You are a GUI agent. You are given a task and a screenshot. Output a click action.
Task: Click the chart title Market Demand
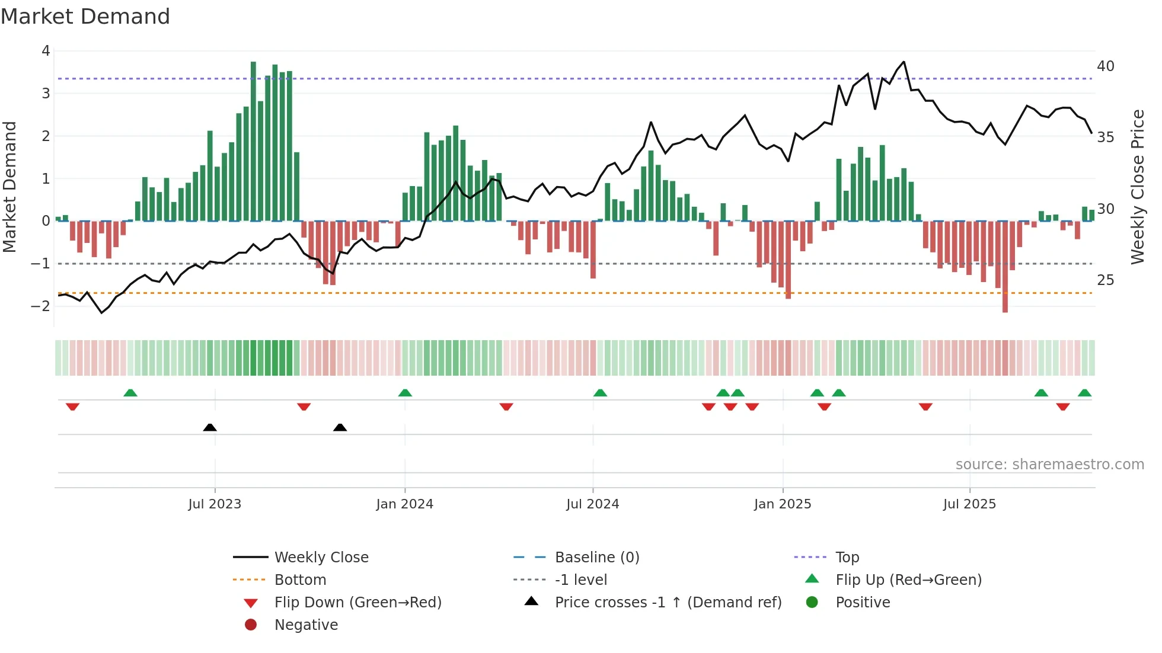click(x=85, y=17)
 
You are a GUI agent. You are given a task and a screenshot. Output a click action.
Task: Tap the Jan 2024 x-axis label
click(x=404, y=504)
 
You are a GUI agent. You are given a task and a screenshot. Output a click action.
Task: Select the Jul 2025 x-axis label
click(x=969, y=504)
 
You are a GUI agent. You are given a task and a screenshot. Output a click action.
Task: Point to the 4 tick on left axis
click(x=46, y=51)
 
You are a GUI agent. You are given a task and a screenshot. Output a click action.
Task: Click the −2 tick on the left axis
click(x=41, y=306)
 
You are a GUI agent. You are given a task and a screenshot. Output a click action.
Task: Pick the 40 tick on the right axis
click(x=1105, y=66)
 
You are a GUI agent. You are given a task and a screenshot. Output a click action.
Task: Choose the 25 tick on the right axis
click(x=1105, y=280)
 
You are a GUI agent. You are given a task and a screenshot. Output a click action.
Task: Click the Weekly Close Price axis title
click(x=1137, y=187)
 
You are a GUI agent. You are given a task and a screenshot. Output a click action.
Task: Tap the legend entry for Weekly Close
click(x=321, y=558)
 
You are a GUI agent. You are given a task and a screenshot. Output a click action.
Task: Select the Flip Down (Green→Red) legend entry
click(x=357, y=603)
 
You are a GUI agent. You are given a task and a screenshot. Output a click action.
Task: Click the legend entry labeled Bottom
click(x=300, y=580)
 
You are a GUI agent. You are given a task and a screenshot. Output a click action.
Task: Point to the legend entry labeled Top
click(x=847, y=558)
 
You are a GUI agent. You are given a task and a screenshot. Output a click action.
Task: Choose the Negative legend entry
click(x=306, y=625)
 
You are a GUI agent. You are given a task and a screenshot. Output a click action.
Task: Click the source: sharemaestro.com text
click(x=1049, y=465)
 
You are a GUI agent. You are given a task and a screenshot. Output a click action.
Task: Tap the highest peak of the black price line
click(x=904, y=62)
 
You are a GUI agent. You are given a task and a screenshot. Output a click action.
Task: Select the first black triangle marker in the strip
click(x=210, y=427)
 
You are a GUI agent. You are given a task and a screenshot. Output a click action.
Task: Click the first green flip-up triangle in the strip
click(x=130, y=393)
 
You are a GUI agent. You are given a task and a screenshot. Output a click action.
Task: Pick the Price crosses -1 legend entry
click(x=668, y=603)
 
